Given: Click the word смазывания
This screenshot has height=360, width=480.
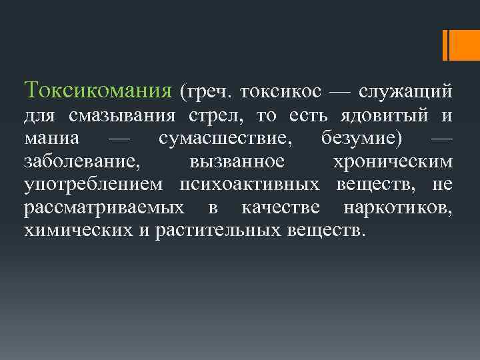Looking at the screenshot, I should [121, 116].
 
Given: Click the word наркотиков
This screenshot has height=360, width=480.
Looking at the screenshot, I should [398, 208].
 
